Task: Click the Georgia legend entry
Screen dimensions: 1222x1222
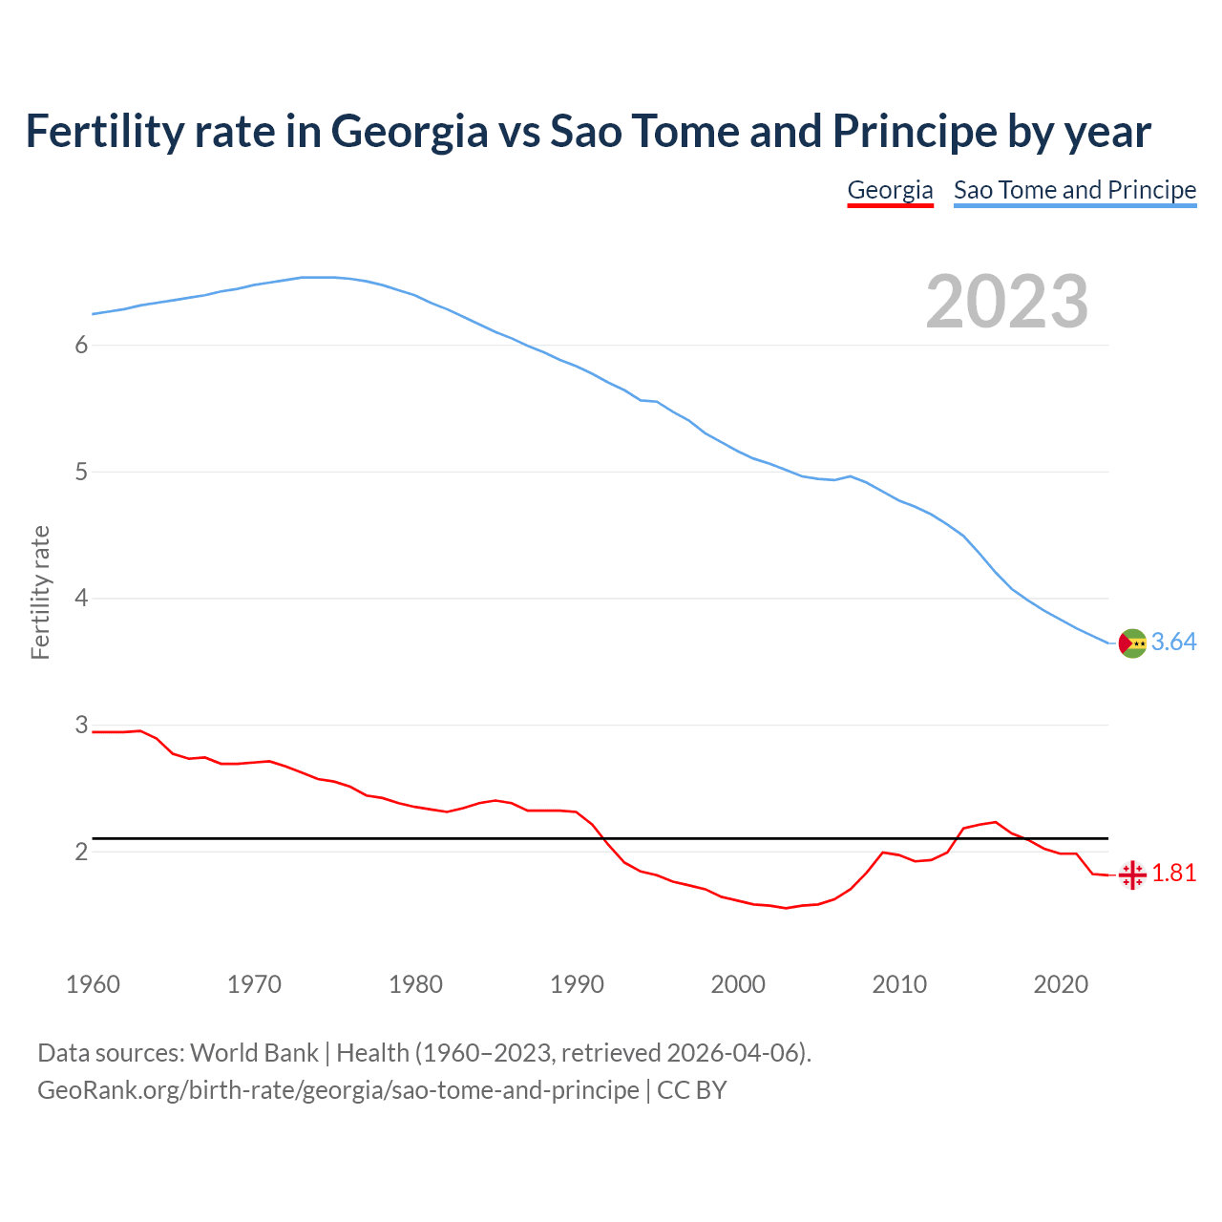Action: (890, 190)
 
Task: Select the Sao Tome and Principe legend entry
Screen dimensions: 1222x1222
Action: (1074, 190)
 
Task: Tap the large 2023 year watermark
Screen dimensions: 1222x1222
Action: (1006, 302)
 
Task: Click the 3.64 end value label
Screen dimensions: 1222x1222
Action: (1173, 643)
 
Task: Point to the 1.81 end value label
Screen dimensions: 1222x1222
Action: (1173, 874)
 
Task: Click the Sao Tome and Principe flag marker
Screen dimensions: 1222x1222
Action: (1132, 643)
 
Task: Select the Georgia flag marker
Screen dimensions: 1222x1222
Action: (1132, 874)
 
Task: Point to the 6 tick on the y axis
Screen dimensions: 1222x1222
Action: (81, 346)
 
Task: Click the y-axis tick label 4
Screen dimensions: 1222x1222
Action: (81, 599)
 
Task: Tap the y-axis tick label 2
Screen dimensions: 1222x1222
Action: (81, 852)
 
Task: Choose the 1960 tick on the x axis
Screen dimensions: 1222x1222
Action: (93, 984)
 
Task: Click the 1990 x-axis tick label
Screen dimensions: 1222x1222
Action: (577, 984)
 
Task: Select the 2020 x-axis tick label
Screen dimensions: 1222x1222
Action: (1061, 984)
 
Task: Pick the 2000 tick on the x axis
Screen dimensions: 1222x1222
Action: (738, 984)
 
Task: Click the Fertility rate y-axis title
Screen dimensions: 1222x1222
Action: (40, 592)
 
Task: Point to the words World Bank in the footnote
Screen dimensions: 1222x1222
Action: (254, 1053)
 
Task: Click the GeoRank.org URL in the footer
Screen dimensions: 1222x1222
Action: (338, 1090)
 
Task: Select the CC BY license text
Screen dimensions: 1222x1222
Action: (692, 1090)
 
